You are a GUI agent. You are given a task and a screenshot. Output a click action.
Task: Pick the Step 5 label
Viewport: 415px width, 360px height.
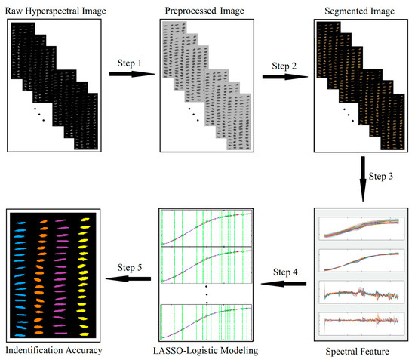(129, 267)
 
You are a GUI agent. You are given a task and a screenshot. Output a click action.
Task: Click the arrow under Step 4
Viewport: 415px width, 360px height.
(284, 284)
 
